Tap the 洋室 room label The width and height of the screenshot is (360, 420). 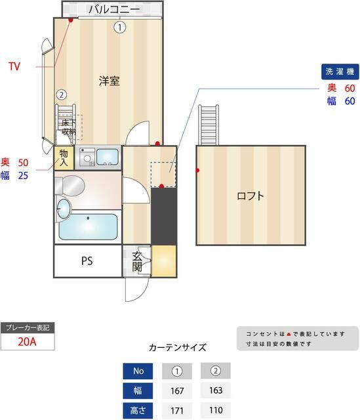(109, 81)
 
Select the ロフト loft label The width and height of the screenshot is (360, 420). (251, 196)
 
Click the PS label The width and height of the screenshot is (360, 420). (87, 261)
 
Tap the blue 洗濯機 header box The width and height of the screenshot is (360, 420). (340, 71)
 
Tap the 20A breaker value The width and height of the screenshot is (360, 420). (27, 342)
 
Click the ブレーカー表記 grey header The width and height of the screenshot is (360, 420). (27, 327)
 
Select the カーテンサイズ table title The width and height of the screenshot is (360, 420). (178, 347)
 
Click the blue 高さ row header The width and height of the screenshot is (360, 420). (138, 411)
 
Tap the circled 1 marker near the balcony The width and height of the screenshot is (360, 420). (119, 27)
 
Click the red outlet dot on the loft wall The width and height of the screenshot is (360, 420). (197, 171)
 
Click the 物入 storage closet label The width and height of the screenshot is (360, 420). (64, 157)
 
